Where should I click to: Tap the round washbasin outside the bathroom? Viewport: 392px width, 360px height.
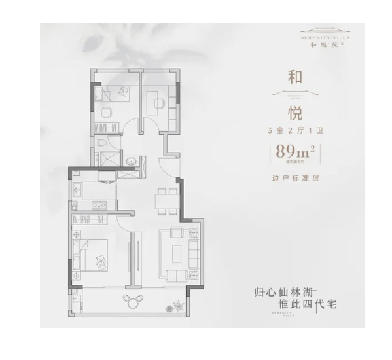coord(130,160)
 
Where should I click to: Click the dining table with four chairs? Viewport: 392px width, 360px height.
coord(166,200)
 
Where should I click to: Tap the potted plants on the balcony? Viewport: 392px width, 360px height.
coord(177,305)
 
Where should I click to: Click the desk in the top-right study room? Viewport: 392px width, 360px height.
coord(159,101)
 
